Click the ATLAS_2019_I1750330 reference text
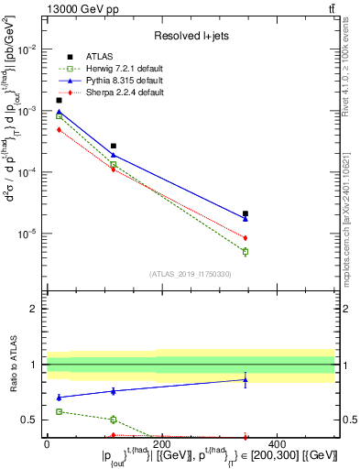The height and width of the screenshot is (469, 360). click(x=191, y=274)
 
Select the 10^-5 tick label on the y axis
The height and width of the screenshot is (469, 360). click(x=27, y=233)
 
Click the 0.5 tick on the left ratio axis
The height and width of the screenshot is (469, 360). click(x=33, y=420)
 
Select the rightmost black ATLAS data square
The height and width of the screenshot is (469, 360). click(x=245, y=213)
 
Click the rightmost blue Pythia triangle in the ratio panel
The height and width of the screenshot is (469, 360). click(x=245, y=379)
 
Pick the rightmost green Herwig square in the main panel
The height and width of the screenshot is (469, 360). click(x=245, y=251)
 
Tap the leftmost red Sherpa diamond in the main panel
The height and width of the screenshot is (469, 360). click(x=59, y=130)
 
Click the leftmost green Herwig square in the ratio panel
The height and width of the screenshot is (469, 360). click(x=59, y=411)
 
